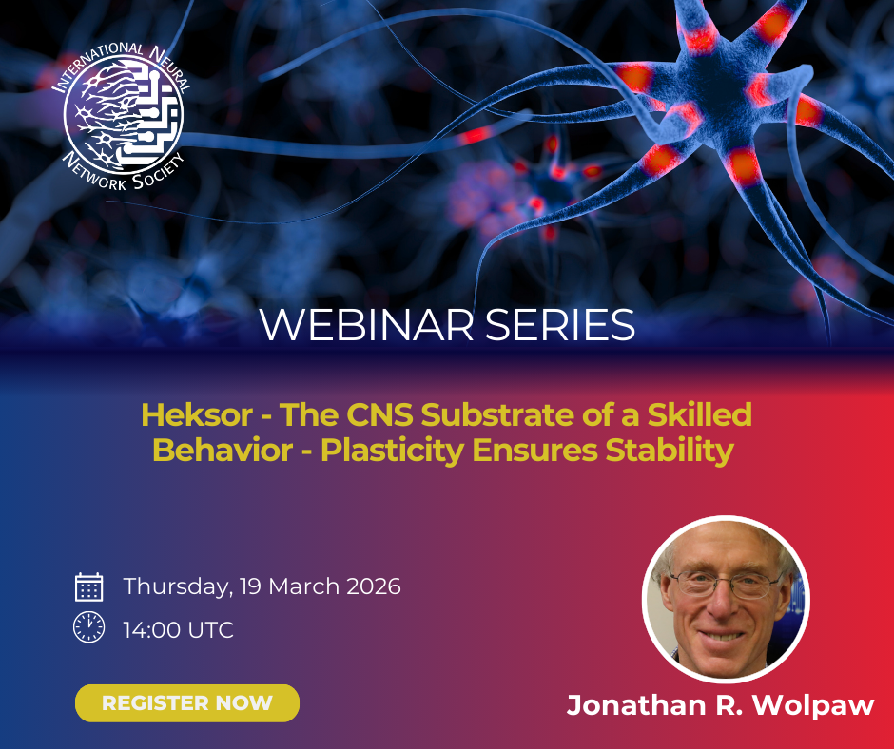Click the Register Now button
point(187,702)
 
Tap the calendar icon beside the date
point(89,587)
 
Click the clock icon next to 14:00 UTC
point(89,627)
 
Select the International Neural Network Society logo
point(122,115)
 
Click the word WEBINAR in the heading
point(366,325)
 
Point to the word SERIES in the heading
point(560,325)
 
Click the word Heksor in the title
point(197,414)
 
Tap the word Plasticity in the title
point(392,451)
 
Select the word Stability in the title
point(670,451)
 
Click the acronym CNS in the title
point(379,414)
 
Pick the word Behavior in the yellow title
point(223,451)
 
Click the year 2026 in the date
point(374,586)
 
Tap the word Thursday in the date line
point(178,587)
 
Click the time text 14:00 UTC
point(179,630)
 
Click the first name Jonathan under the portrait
point(636,705)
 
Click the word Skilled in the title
point(700,414)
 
